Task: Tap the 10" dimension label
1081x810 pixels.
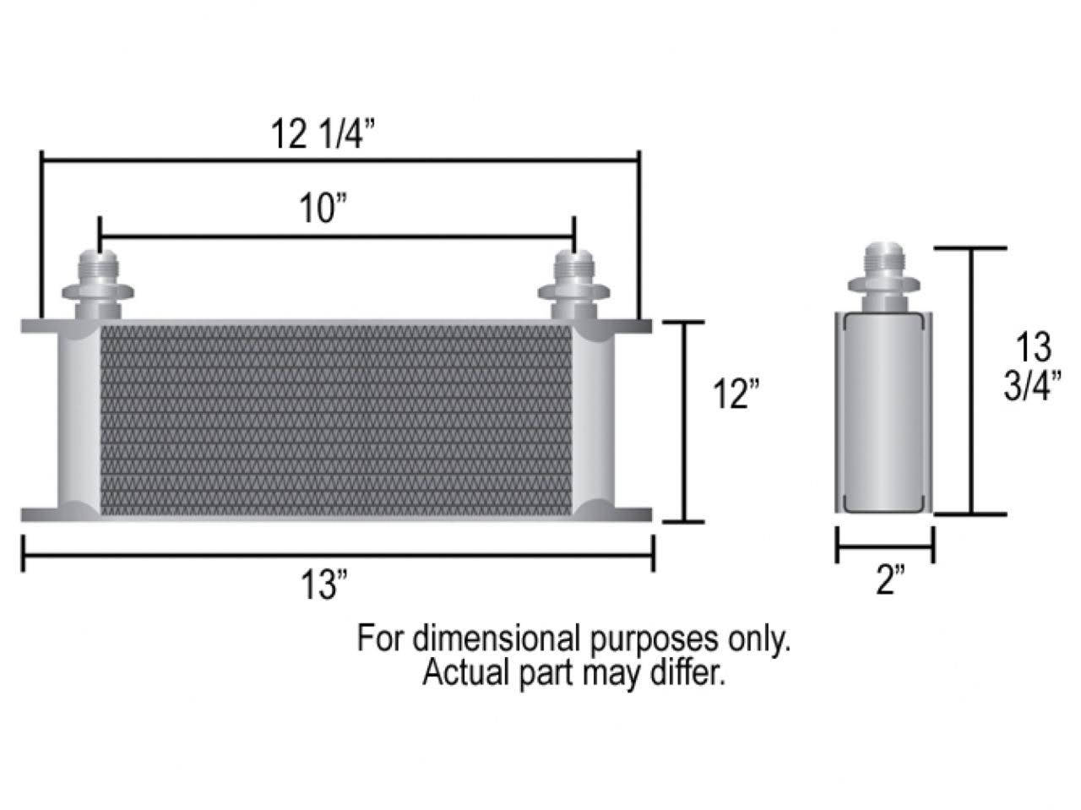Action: pyautogui.click(x=324, y=209)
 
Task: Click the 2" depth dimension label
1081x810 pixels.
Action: pyautogui.click(x=889, y=581)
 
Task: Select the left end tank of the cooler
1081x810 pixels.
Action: pyautogui.click(x=79, y=420)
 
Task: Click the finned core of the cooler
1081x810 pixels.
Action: pyautogui.click(x=336, y=420)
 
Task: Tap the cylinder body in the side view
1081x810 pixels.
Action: pyautogui.click(x=883, y=411)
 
